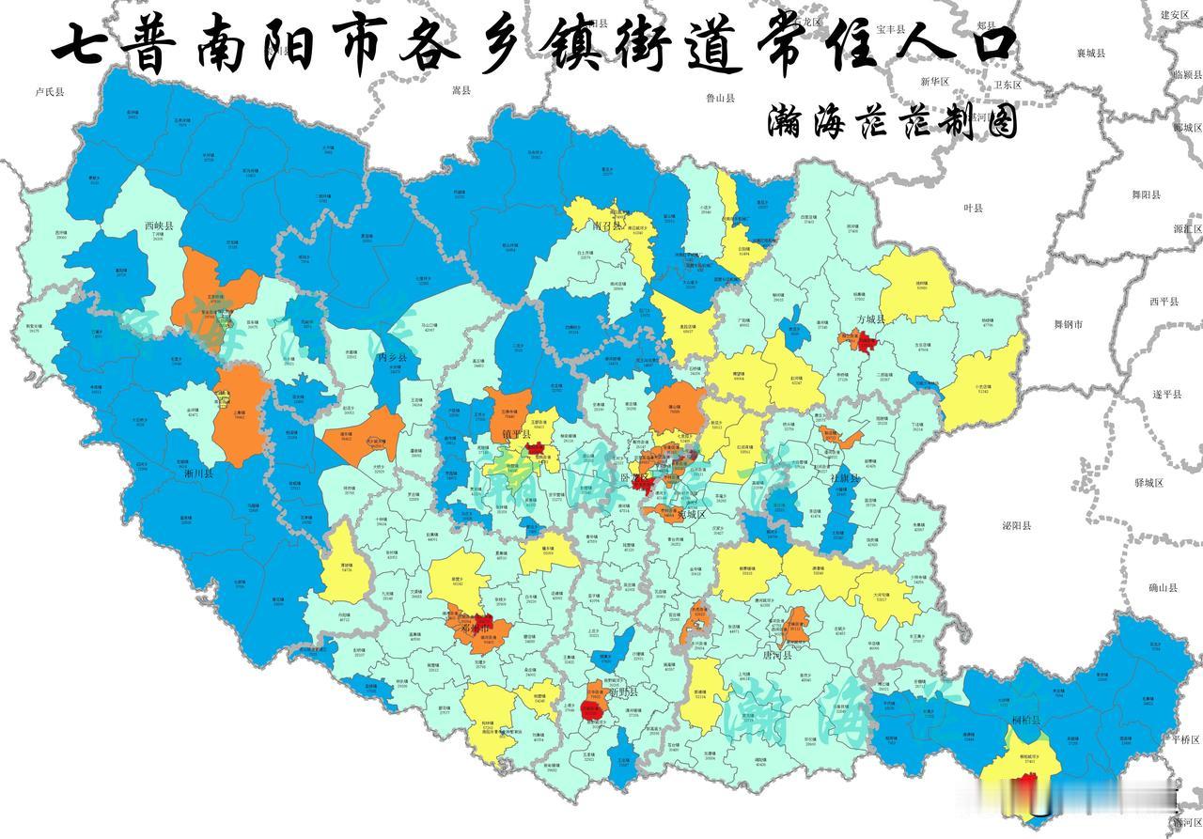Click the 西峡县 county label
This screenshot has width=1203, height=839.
[x=160, y=226]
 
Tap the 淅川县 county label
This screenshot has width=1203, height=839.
[x=198, y=474]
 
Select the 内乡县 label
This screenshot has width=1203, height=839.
[x=390, y=358]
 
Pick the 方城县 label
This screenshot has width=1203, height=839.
[x=873, y=319]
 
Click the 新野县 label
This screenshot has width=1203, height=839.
[x=623, y=692]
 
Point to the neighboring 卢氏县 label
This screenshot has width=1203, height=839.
[x=49, y=92]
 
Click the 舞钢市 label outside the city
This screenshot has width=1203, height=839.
[x=1069, y=324]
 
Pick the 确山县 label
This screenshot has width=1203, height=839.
[x=1163, y=587]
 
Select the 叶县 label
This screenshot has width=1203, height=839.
[x=972, y=208]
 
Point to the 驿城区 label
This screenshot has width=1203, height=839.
[x=1148, y=482]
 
